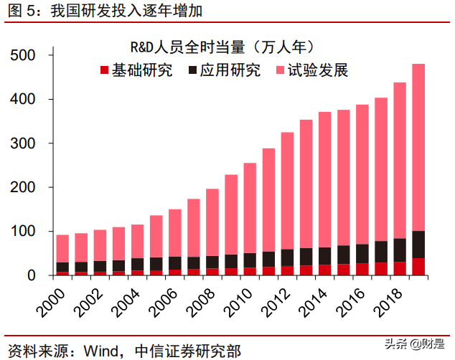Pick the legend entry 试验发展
click(311, 70)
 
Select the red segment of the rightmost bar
click(418, 267)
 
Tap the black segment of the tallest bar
click(418, 245)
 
